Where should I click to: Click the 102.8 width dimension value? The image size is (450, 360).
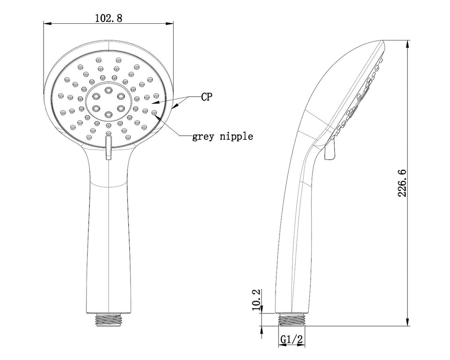point(109,18)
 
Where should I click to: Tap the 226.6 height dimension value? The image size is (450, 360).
point(402,183)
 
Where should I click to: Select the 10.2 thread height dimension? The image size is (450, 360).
point(256,300)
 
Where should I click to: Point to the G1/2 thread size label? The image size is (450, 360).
point(291,339)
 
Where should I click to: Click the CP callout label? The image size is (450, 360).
point(207,97)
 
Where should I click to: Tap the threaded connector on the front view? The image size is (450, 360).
point(109,319)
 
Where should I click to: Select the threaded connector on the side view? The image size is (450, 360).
point(291,319)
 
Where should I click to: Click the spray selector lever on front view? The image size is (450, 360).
point(109,148)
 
